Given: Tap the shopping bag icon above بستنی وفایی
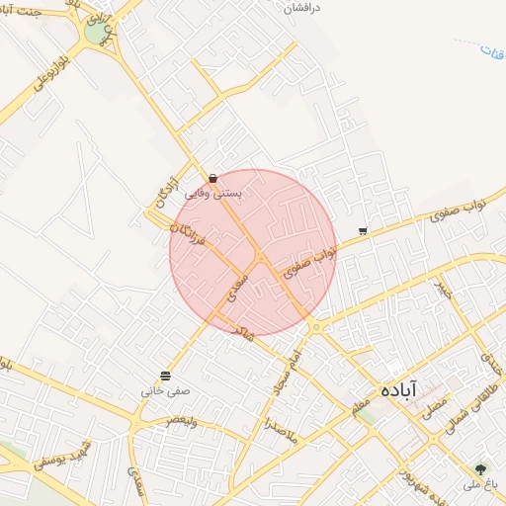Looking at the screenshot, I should [212, 179].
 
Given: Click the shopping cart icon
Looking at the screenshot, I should [363, 231].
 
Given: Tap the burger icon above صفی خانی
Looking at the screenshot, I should [164, 376].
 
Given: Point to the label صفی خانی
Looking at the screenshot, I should [164, 391].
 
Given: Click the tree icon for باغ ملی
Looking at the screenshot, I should [481, 469].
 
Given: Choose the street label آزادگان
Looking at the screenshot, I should [167, 184].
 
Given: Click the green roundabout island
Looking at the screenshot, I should [95, 33].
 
